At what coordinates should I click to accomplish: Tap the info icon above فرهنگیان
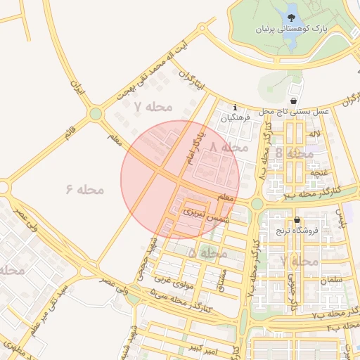pyautogui.click(x=235, y=107)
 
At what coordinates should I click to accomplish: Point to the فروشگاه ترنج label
pyautogui.click(x=296, y=230)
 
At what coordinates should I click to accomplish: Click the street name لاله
pyautogui.click(x=315, y=134)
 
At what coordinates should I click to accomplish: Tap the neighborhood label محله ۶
pyautogui.click(x=85, y=189)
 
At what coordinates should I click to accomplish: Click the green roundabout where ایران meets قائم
pyautogui.click(x=96, y=114)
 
